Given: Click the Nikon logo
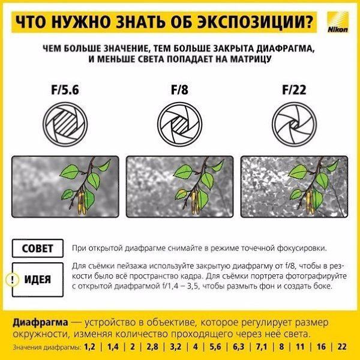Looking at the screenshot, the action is pyautogui.click(x=338, y=22).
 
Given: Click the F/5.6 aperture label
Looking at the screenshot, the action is pyautogui.click(x=65, y=89).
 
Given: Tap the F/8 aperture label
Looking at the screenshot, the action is pyautogui.click(x=179, y=89).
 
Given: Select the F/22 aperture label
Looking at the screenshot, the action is pyautogui.click(x=294, y=89).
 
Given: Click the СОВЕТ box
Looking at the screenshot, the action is pyautogui.click(x=38, y=248).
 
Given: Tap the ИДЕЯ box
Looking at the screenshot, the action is pyautogui.click(x=38, y=280).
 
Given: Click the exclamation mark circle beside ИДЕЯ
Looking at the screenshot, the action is pyautogui.click(x=12, y=280).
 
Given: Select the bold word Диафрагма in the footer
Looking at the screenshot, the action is pyautogui.click(x=40, y=322).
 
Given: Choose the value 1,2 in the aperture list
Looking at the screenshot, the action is pyautogui.click(x=89, y=347).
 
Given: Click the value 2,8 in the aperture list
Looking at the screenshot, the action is pyautogui.click(x=152, y=347).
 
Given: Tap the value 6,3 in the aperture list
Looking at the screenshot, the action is pyautogui.click(x=238, y=347).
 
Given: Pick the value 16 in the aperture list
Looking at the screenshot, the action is pyautogui.click(x=321, y=347).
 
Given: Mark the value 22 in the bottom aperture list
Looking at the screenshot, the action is pyautogui.click(x=341, y=347).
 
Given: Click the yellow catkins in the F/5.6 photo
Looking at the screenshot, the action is pyautogui.click(x=82, y=203).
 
